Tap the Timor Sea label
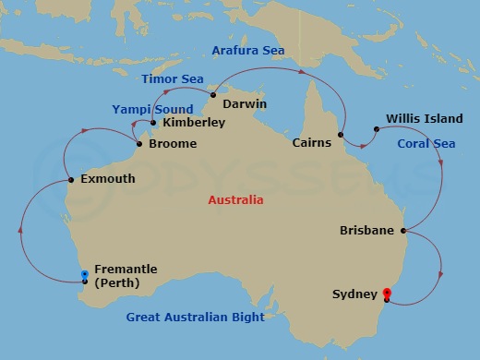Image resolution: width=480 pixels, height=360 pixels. tap(173, 79)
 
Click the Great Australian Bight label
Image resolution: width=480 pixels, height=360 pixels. tap(195, 318)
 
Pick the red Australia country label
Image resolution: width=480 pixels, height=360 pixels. tap(234, 200)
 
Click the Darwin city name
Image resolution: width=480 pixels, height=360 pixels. tap(245, 104)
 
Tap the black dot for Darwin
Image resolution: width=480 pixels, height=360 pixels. tap(212, 94)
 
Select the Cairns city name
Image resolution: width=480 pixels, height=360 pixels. tap(312, 143)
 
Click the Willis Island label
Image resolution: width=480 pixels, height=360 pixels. tap(414, 118)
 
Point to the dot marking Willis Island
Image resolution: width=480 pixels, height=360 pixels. tap(375, 129)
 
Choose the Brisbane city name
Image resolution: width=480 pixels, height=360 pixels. tap(366, 230)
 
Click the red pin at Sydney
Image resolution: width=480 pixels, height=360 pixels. tap(386, 294)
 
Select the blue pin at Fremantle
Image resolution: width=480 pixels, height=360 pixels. tap(84, 275)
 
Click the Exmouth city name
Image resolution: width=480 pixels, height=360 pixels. tap(109, 180)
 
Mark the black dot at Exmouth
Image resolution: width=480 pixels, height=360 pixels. tap(71, 180)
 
